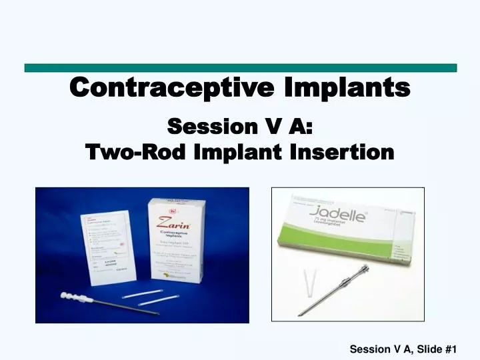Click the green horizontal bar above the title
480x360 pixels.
240,68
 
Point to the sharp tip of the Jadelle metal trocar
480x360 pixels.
301,314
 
